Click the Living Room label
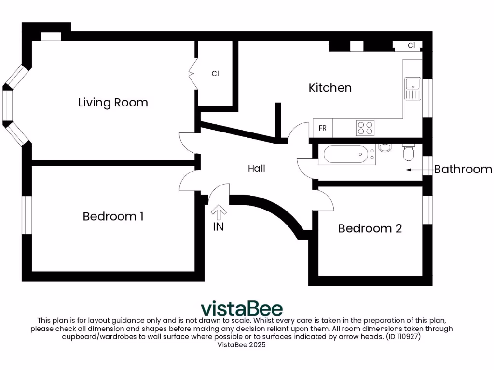coord(113,103)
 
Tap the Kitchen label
coord(330,88)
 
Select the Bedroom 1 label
coord(113,216)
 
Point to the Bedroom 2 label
coord(370,228)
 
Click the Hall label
coord(257,169)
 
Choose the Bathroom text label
coord(463,169)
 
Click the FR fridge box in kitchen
coord(323,128)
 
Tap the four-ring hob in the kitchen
coord(365,128)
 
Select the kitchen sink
coord(412,88)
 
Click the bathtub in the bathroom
coord(345,155)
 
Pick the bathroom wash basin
coord(384,147)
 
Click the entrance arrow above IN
coord(219,212)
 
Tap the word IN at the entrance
coord(219,226)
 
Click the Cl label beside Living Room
coord(215,74)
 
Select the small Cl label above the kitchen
coord(411,46)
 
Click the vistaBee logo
coord(241,308)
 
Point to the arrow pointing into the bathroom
coord(418,169)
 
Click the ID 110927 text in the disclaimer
coord(403,337)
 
